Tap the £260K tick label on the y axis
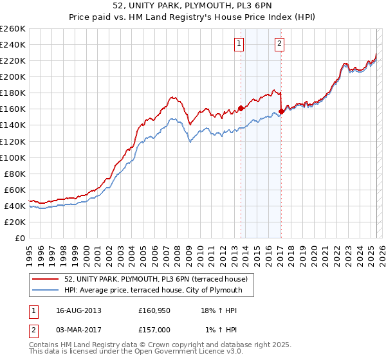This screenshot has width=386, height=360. [12, 29]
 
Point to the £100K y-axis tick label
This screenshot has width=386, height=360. [12, 157]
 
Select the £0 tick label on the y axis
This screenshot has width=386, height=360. [20, 239]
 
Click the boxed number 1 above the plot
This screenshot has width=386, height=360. [239, 44]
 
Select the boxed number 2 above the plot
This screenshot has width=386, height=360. [280, 44]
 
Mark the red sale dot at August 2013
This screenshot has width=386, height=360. [241, 108]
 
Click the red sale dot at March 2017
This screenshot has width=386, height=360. [281, 111]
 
